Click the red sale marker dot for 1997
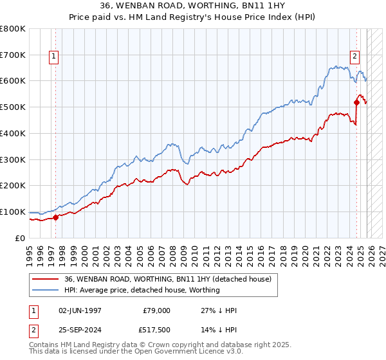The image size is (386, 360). coord(55,217)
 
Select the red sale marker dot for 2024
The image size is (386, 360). coord(356,102)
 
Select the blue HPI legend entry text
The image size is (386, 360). coord(142,290)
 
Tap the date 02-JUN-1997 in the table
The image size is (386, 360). coord(80,310)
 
